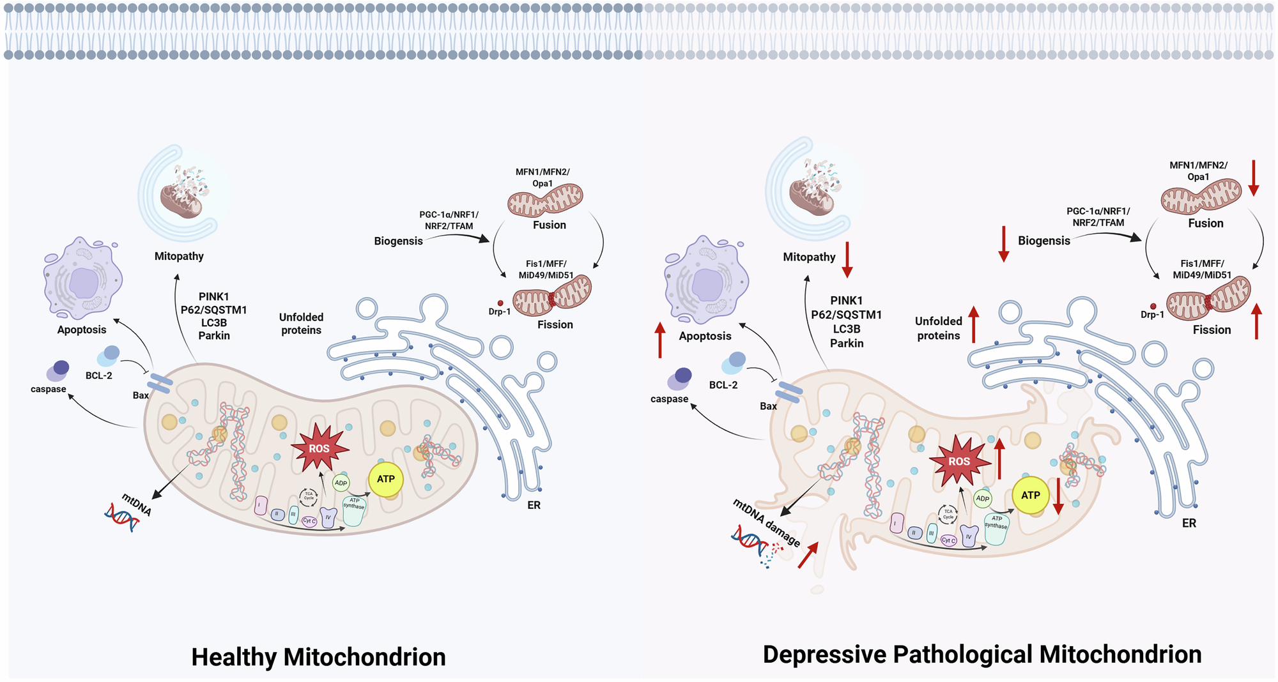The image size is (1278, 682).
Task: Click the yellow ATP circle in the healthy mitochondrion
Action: point(386,479)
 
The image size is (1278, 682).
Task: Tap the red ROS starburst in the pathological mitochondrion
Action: point(958,461)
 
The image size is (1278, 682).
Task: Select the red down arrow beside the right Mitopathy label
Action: point(847,259)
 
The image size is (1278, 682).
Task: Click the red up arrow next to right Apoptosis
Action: point(660,340)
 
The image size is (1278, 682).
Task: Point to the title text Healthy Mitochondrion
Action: point(318,657)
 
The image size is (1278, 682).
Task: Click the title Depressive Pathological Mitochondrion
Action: point(982,655)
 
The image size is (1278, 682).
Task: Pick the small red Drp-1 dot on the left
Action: point(500,303)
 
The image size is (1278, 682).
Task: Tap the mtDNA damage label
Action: point(766,523)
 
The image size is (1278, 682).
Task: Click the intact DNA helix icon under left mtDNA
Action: point(122,517)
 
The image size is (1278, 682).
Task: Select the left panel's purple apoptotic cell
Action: point(82,278)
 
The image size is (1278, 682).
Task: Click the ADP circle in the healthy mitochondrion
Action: point(341,483)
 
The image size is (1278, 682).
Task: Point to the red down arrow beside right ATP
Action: point(1058,496)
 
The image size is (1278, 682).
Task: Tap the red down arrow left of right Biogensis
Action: point(1004,243)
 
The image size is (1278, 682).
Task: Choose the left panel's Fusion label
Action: point(550,225)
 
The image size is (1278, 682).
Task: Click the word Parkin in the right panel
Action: point(847,343)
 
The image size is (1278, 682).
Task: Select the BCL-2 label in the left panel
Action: point(99,375)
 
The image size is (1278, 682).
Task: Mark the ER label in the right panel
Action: point(1189,523)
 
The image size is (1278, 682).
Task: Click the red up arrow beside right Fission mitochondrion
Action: point(1256,321)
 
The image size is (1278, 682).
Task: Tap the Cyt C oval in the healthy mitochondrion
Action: point(309,521)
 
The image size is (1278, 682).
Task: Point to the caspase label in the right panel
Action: point(669,399)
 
